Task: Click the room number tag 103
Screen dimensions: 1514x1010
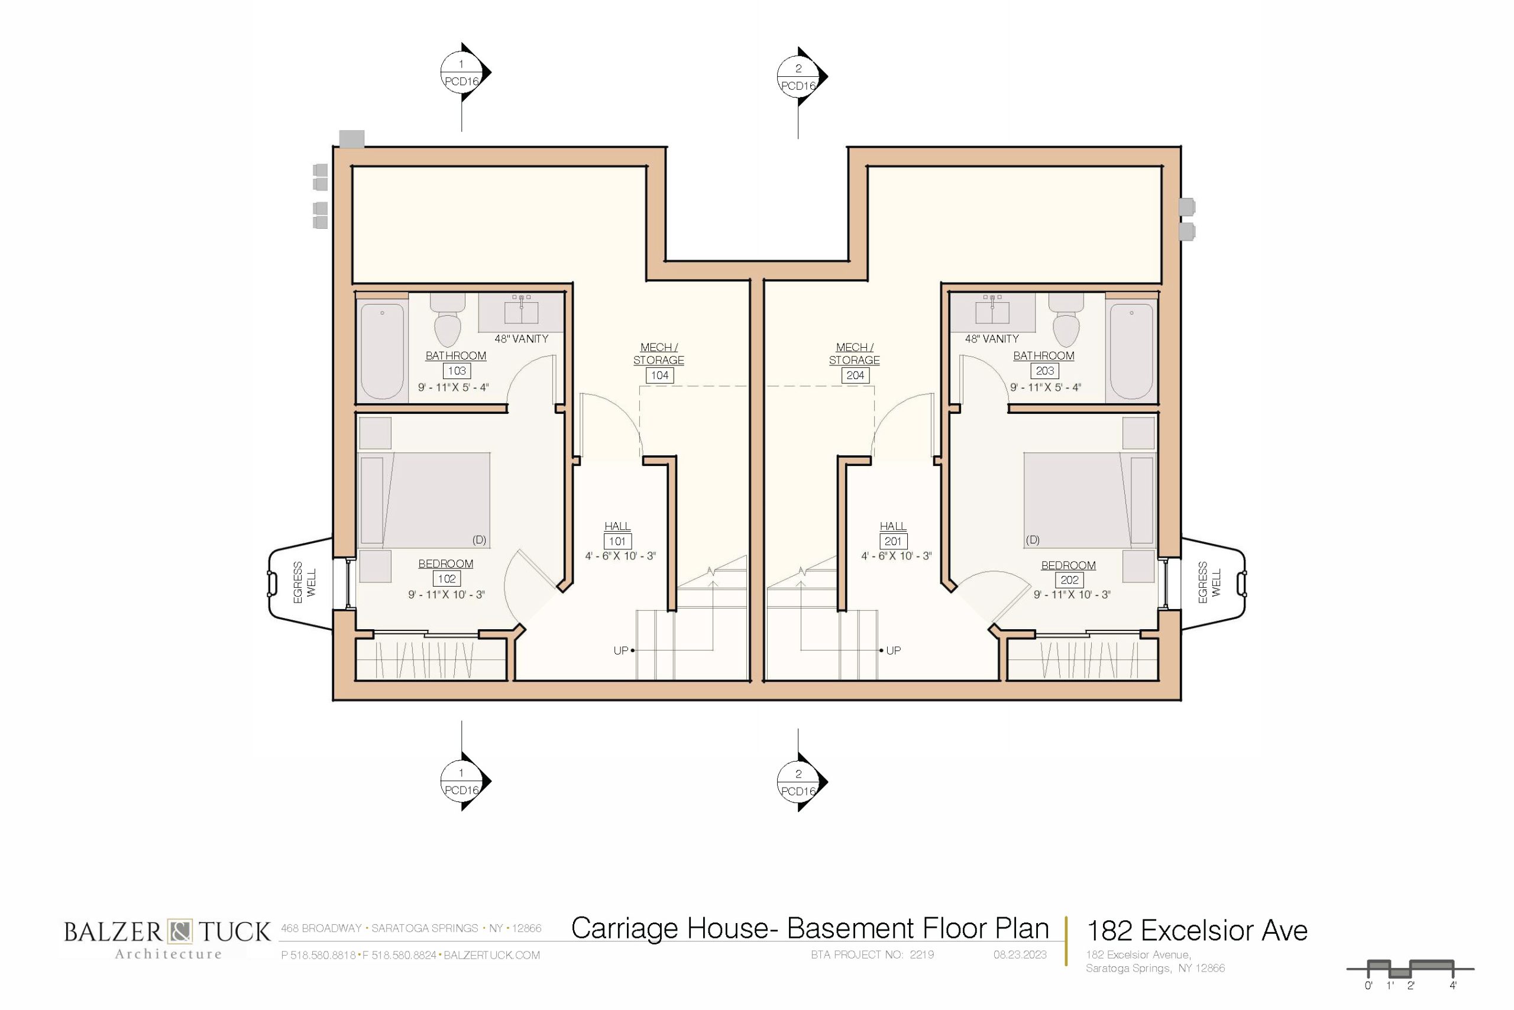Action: [x=456, y=371]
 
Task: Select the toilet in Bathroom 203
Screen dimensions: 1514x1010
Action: [x=1066, y=320]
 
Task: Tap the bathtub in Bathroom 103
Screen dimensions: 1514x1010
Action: [x=382, y=352]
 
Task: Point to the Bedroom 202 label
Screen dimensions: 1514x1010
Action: [x=1068, y=565]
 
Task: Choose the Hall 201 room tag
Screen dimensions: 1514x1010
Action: [x=893, y=542]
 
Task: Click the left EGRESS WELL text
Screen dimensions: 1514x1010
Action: [x=305, y=582]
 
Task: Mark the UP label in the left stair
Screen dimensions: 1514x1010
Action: [x=620, y=650]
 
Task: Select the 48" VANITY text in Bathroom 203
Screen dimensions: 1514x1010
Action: [x=992, y=339]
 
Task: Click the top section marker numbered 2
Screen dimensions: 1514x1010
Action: [x=799, y=77]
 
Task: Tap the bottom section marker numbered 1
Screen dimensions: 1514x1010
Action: [x=462, y=781]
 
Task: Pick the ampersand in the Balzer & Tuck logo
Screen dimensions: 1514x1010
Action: [x=180, y=931]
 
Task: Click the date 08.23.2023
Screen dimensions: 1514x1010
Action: [x=1020, y=954]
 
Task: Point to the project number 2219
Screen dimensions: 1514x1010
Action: [x=922, y=954]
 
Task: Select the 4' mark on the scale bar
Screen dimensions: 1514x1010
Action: [x=1453, y=986]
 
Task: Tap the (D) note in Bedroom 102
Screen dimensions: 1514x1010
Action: [x=479, y=540]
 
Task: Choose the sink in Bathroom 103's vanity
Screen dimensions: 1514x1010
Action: [x=521, y=312]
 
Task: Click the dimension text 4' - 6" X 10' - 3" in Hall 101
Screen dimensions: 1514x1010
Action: [x=620, y=556]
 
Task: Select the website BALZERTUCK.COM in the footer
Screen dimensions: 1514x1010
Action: [x=491, y=955]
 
